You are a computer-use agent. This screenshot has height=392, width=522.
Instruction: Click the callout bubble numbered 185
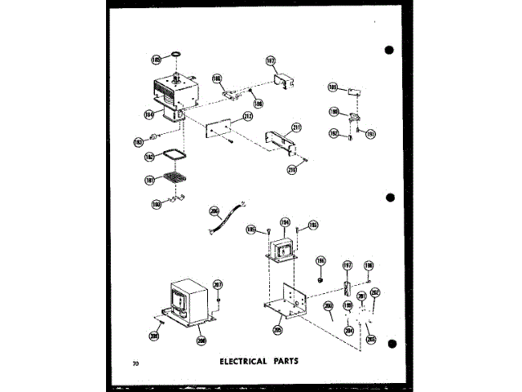(156, 60)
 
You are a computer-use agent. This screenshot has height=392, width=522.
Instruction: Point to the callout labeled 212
(247, 118)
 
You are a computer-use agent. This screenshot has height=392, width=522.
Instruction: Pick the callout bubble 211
(296, 127)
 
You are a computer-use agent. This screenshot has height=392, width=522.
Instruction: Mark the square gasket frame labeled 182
(150, 157)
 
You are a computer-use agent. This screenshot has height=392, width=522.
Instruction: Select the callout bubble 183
(138, 143)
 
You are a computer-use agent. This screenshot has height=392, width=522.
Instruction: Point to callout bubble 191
(370, 133)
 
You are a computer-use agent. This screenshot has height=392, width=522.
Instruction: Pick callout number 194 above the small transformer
(285, 221)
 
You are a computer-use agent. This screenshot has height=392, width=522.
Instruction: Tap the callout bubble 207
(218, 284)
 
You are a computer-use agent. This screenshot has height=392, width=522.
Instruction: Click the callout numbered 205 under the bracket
(280, 331)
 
